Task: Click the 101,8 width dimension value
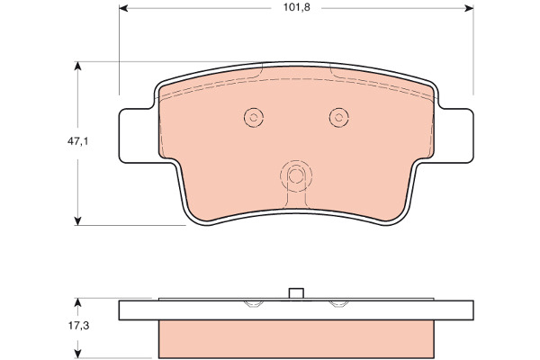(x=296, y=7)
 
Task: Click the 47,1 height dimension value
(x=77, y=141)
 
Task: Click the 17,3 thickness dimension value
(x=78, y=326)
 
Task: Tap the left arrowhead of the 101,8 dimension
(x=123, y=8)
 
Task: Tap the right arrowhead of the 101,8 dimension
(x=469, y=8)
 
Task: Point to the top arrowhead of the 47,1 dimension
(x=77, y=66)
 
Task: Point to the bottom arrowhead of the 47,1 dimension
(x=77, y=221)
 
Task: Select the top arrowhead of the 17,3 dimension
(x=77, y=302)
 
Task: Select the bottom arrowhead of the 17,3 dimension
(x=77, y=354)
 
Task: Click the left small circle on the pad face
(x=254, y=118)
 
